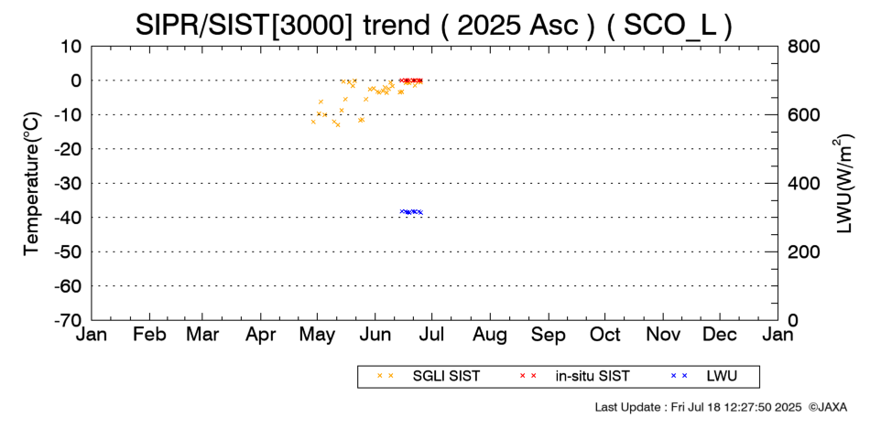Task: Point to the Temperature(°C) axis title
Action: tap(32, 184)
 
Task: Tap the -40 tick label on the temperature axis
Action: tap(68, 218)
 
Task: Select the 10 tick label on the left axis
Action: tap(71, 47)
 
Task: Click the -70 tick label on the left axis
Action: tap(68, 320)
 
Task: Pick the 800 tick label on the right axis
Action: tap(803, 47)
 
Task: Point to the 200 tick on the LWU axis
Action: tap(803, 252)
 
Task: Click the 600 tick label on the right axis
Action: tap(803, 115)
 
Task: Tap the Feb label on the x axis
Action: tap(150, 335)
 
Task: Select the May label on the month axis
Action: tap(317, 336)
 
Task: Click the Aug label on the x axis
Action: tap(490, 336)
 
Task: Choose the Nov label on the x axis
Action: tap(664, 335)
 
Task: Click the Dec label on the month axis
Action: tap(720, 335)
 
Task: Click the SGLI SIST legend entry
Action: tap(446, 377)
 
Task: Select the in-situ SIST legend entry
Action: tap(593, 377)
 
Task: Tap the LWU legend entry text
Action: tap(722, 377)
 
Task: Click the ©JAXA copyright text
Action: tap(828, 407)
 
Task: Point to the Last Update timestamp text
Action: tap(699, 407)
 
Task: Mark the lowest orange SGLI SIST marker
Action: tap(337, 124)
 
